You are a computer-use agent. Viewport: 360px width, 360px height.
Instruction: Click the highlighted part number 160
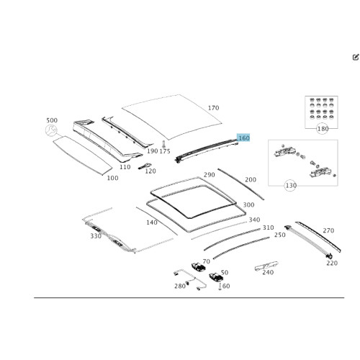243,138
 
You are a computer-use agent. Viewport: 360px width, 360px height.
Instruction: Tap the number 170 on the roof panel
213,109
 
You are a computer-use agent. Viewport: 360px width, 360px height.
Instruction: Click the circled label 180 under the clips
323,129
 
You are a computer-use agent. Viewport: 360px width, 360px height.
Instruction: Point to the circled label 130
291,186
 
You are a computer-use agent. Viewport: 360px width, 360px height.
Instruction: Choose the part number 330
96,236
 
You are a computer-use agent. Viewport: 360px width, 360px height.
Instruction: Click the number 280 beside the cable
179,286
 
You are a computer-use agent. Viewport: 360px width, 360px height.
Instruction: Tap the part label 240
268,272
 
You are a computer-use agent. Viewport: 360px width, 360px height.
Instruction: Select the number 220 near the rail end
332,264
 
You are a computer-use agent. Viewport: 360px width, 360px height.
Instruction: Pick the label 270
328,231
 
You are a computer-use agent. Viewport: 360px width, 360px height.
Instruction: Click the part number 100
112,178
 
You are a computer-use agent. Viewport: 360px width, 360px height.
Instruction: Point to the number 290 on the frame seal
209,175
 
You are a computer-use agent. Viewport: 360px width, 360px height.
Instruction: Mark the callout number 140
151,222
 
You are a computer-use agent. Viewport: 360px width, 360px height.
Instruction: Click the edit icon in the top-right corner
356,57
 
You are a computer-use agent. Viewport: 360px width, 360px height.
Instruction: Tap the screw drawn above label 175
164,143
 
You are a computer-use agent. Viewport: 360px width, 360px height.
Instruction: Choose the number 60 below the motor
226,286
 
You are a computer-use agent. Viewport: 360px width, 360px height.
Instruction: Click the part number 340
254,220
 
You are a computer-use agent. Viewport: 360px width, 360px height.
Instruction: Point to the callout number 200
251,180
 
